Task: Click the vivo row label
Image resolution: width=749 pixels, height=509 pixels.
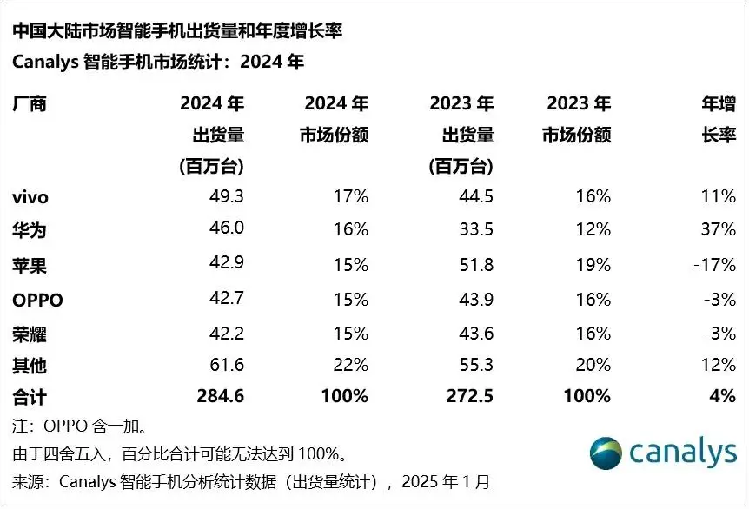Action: click(x=30, y=197)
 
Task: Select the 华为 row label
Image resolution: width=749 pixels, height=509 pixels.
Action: click(x=29, y=231)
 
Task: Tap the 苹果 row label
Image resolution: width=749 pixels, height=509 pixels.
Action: click(x=29, y=266)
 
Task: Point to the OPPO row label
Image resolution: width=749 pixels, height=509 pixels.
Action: click(x=38, y=301)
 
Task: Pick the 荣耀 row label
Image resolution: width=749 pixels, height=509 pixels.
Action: click(x=29, y=334)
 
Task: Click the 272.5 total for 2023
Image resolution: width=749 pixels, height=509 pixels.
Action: click(x=470, y=397)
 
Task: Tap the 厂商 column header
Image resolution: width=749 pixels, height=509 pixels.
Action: click(x=29, y=104)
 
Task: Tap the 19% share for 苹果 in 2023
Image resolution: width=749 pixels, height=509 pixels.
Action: click(x=594, y=266)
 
